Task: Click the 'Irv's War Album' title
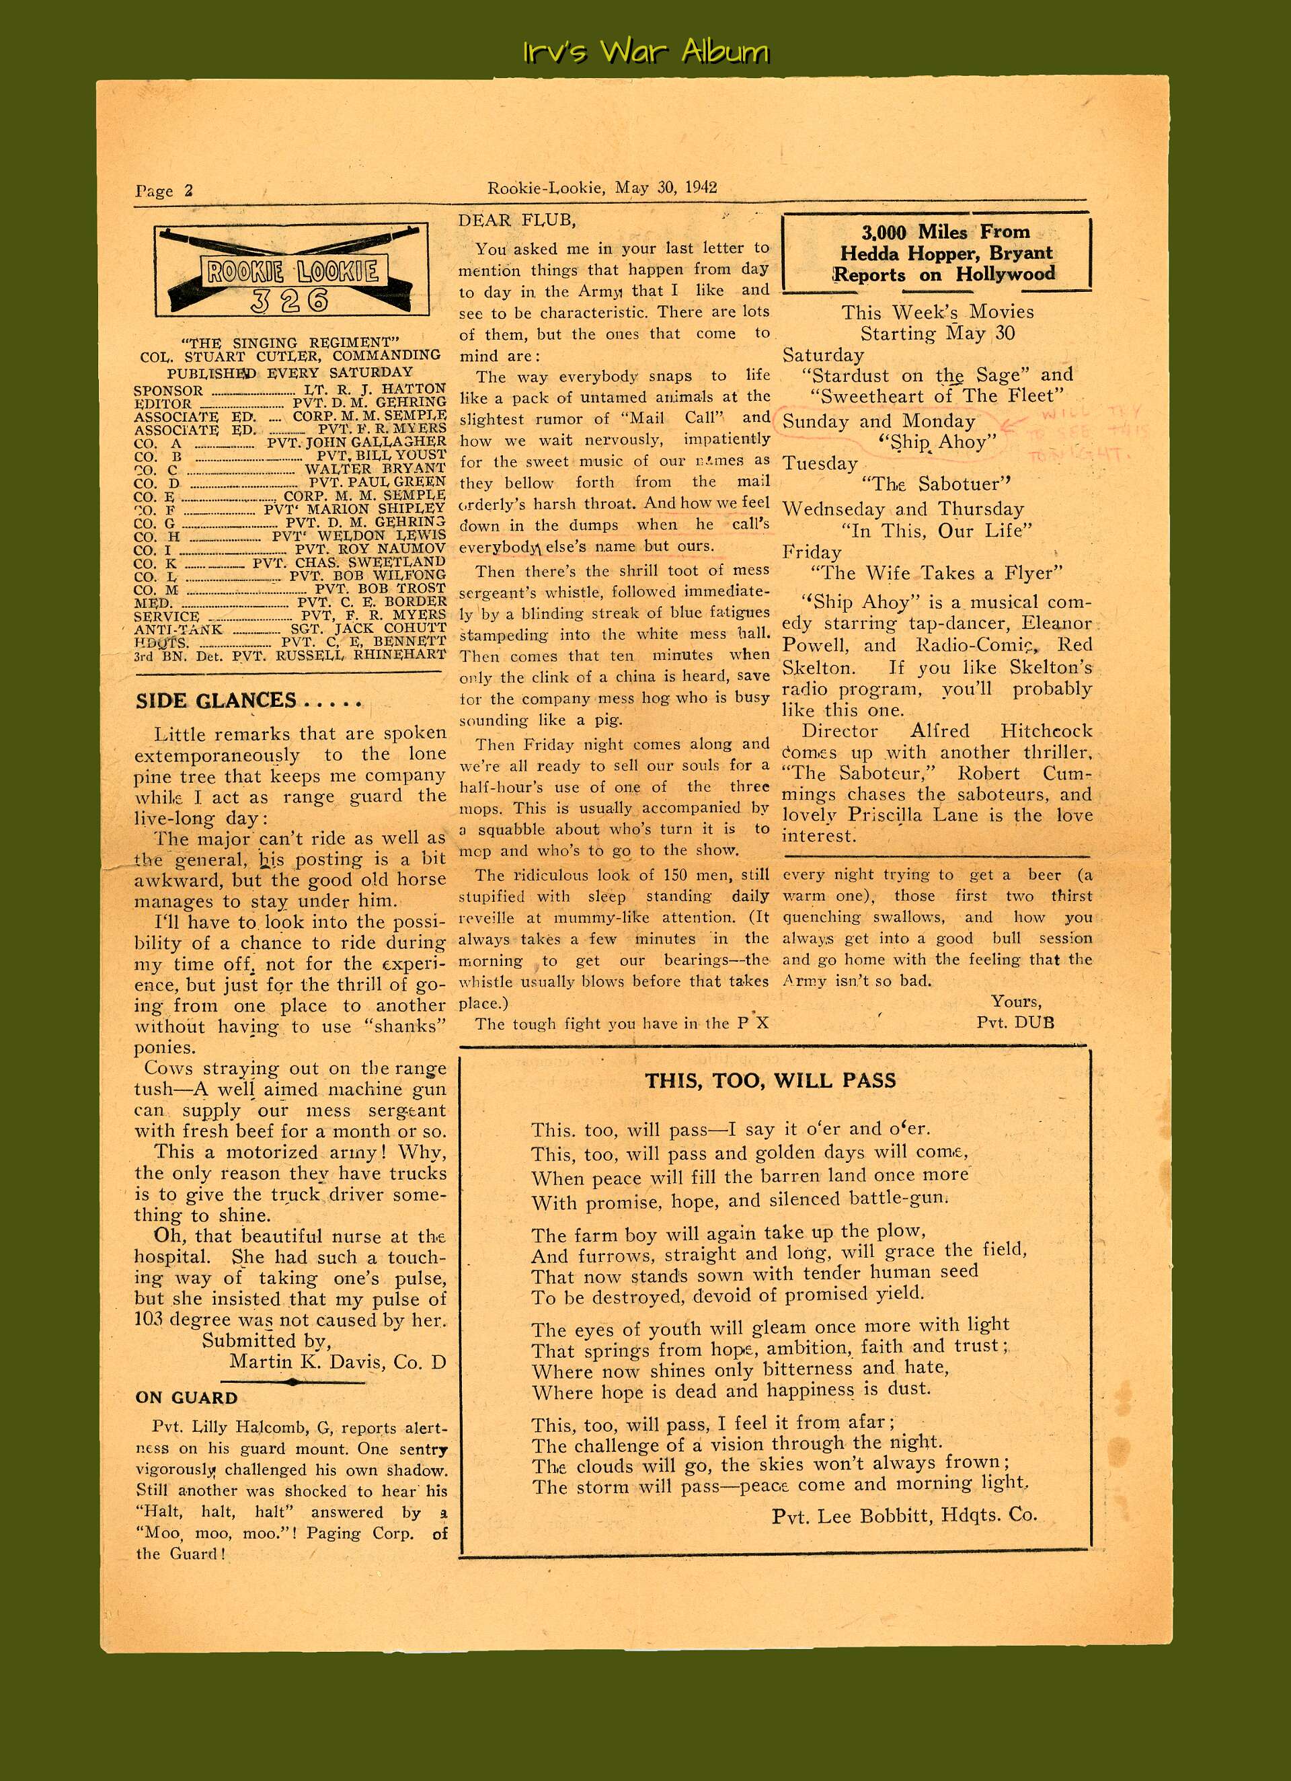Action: [x=645, y=52]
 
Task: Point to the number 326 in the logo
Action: [x=290, y=301]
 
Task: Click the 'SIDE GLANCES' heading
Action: [x=216, y=700]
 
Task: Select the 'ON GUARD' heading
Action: [x=186, y=1397]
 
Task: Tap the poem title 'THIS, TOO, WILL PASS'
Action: [x=770, y=1081]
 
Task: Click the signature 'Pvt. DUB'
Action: [x=1015, y=1022]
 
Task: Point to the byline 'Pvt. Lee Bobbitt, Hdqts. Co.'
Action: [x=904, y=1515]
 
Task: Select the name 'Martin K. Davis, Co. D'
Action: [x=338, y=1362]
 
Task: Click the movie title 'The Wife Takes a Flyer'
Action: [x=936, y=572]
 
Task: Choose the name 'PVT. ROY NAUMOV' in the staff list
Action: [x=370, y=548]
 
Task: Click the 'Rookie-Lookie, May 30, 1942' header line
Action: [x=602, y=188]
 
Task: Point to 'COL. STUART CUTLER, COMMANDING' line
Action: [x=290, y=356]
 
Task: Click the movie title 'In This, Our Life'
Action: [x=936, y=530]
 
